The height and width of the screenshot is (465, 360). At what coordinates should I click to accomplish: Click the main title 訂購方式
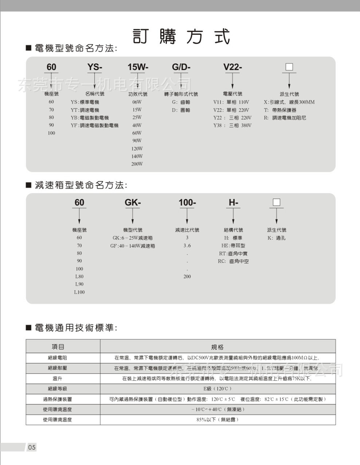(x=181, y=36)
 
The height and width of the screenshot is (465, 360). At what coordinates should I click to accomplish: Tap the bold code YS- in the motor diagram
(x=95, y=67)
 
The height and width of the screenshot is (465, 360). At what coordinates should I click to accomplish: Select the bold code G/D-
(x=181, y=67)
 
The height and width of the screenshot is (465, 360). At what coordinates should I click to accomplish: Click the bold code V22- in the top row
(x=232, y=67)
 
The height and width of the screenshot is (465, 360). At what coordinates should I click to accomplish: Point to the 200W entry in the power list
(x=137, y=164)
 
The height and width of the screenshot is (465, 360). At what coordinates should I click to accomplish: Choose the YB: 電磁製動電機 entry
(x=90, y=118)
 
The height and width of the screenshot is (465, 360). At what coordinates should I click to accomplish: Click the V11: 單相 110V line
(x=231, y=102)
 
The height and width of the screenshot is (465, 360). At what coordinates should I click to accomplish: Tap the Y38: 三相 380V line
(x=232, y=125)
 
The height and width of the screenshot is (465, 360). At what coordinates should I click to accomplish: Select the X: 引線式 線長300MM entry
(x=289, y=102)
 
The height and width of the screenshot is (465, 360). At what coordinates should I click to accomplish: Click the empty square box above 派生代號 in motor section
(x=289, y=67)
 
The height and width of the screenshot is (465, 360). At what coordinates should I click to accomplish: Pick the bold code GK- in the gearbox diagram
(x=133, y=202)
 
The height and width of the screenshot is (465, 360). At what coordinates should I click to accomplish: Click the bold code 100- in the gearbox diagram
(x=187, y=202)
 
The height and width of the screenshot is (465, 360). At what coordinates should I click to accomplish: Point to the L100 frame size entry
(x=79, y=292)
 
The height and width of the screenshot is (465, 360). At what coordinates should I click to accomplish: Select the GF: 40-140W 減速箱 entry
(x=133, y=246)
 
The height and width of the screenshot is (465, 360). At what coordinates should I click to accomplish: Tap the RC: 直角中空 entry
(x=233, y=261)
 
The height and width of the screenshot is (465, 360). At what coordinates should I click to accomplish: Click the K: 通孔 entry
(x=277, y=238)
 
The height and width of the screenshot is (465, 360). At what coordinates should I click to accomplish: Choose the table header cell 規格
(x=218, y=347)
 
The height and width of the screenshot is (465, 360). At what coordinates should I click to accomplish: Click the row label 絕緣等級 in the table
(x=58, y=389)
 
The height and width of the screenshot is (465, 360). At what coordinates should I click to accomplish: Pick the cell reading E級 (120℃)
(x=218, y=389)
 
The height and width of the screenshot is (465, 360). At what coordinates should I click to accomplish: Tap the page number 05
(x=32, y=447)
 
